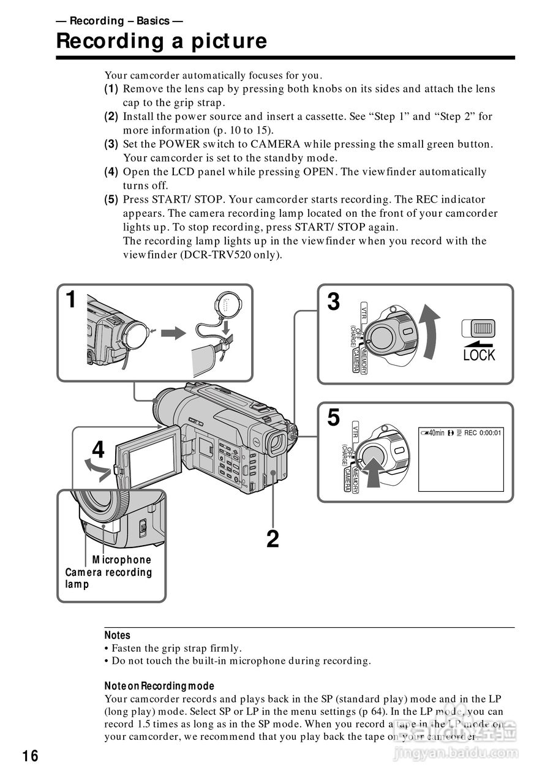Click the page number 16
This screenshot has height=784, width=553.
click(x=30, y=756)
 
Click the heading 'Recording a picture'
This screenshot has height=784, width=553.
click(x=162, y=41)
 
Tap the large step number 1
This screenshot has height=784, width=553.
click(x=72, y=301)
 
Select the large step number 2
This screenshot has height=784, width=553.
click(x=272, y=539)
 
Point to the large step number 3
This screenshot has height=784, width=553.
click(x=333, y=301)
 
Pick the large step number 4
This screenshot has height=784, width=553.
click(x=98, y=450)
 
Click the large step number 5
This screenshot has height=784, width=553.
click(x=333, y=418)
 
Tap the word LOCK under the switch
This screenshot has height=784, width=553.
click(x=479, y=355)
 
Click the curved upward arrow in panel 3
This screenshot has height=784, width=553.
click(x=431, y=334)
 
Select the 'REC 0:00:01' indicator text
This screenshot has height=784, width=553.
click(x=483, y=433)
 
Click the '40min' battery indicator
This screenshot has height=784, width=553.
click(x=433, y=433)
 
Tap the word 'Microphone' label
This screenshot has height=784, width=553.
click(x=122, y=560)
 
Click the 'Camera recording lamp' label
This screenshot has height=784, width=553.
click(x=108, y=578)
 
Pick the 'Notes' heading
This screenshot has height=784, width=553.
click(x=117, y=636)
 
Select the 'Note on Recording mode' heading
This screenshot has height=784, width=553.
click(x=159, y=686)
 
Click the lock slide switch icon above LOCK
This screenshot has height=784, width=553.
click(x=479, y=328)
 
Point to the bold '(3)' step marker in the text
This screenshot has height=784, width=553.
click(x=111, y=144)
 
